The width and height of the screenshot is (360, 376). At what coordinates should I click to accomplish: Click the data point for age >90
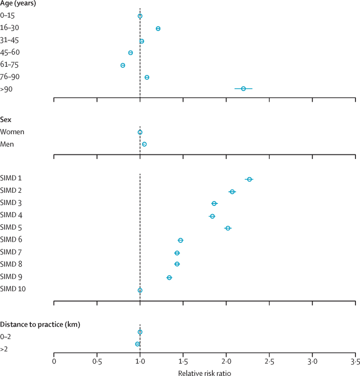coord(243,89)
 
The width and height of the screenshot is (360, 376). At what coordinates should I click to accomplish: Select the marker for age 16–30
coord(158,28)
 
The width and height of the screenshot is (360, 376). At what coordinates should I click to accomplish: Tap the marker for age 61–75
coord(123,65)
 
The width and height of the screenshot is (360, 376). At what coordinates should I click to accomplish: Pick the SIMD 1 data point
coord(249,179)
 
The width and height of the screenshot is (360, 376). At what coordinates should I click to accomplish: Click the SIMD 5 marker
coord(228,228)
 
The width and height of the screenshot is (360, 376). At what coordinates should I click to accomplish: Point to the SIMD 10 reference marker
coord(140,290)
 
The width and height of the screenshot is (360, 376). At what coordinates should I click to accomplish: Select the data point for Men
coord(144,144)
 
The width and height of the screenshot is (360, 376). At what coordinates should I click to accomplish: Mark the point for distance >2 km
coord(137,344)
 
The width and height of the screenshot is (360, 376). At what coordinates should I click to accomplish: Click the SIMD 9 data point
coord(169,277)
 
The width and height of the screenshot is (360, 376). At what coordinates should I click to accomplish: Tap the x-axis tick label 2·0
coord(226,362)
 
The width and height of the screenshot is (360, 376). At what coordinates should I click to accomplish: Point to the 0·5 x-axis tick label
coord(97,362)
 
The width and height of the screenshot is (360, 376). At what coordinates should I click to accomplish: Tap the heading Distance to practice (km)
coord(40,323)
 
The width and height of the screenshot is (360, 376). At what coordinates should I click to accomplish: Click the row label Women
coord(12,132)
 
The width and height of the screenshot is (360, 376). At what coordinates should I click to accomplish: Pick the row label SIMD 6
coord(12,239)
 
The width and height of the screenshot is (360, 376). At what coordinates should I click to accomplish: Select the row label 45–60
coord(10,52)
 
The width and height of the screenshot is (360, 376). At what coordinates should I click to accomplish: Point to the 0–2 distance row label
coord(6,336)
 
